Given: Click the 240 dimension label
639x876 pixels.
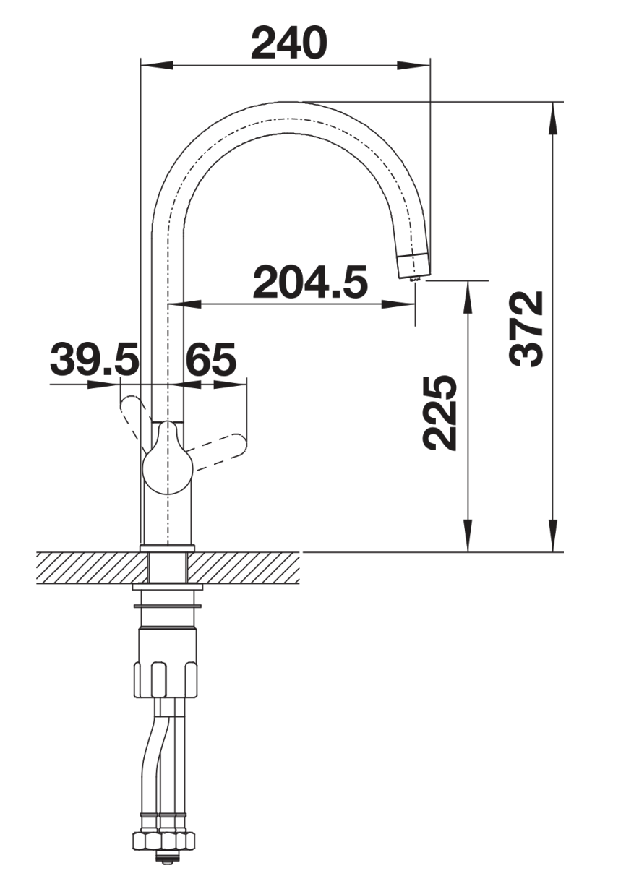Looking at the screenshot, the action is [x=289, y=43].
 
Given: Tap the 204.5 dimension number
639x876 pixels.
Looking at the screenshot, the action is [x=310, y=282].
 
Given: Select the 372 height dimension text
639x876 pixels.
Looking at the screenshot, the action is [x=526, y=328].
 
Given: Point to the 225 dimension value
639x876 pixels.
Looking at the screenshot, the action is [x=439, y=413].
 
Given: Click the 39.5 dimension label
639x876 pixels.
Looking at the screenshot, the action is [x=95, y=358].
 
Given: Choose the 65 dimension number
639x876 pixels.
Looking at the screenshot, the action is [x=211, y=358].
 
